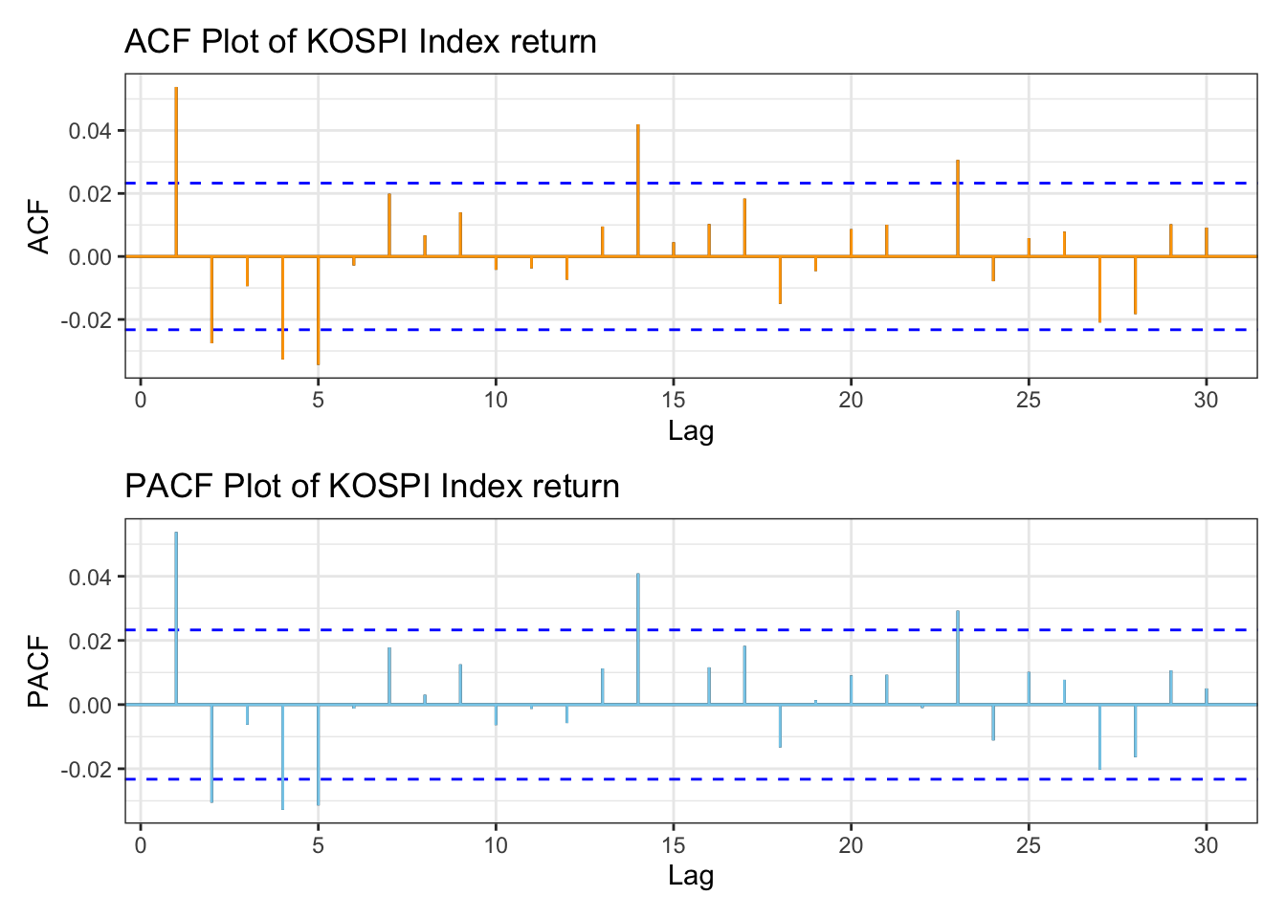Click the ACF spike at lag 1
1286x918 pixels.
(x=176, y=172)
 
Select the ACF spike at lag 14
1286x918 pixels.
(x=637, y=190)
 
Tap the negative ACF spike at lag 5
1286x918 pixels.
(x=318, y=311)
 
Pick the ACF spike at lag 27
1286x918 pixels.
(x=1099, y=289)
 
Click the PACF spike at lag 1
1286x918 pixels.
(x=176, y=618)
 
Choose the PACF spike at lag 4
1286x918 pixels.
(x=282, y=757)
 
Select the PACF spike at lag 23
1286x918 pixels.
(x=957, y=658)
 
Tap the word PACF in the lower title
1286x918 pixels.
(x=168, y=487)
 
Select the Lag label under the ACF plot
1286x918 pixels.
(x=691, y=431)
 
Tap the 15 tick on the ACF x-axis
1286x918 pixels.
(x=673, y=400)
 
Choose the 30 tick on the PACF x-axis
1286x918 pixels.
(x=1206, y=845)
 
